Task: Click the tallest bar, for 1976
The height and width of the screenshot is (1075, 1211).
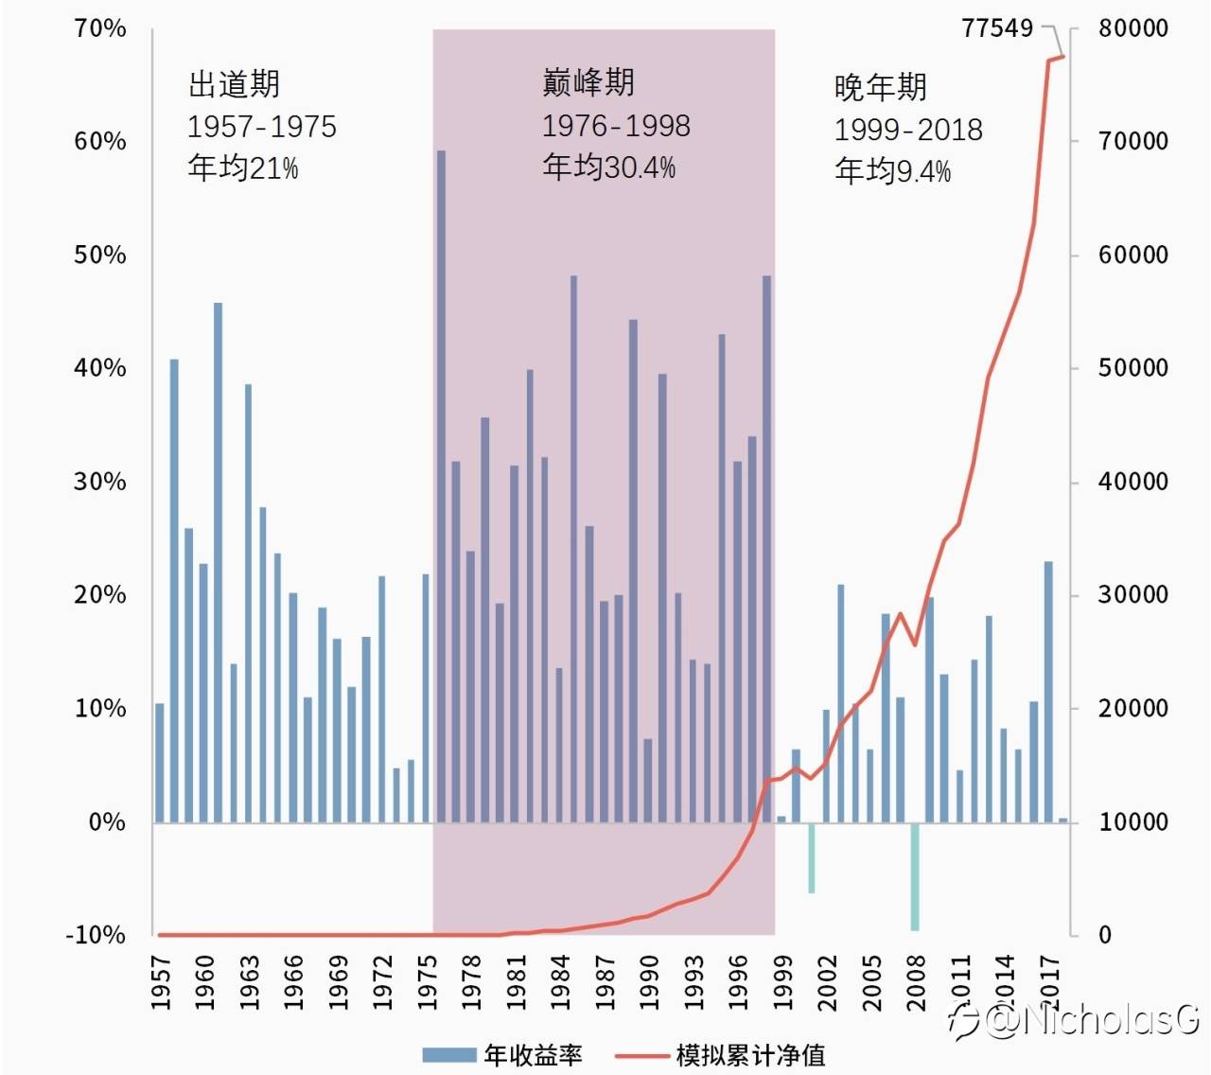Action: (441, 486)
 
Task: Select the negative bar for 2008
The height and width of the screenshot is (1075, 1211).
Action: (915, 876)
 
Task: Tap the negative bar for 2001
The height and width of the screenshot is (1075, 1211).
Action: (811, 857)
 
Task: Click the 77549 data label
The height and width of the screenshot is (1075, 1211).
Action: (997, 28)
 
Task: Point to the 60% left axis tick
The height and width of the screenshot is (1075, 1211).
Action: (99, 142)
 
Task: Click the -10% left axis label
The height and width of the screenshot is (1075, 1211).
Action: (96, 935)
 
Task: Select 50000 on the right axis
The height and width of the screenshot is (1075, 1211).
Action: (1132, 368)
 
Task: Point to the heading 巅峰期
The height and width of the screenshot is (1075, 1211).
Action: (588, 82)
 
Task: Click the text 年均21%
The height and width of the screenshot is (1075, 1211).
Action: (243, 168)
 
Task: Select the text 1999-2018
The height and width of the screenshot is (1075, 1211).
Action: (908, 130)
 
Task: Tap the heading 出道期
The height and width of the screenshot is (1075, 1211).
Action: (234, 84)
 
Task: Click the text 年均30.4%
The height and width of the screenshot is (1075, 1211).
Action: (609, 167)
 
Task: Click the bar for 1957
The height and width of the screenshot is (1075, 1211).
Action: (160, 763)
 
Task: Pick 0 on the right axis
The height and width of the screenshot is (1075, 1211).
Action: (1105, 935)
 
